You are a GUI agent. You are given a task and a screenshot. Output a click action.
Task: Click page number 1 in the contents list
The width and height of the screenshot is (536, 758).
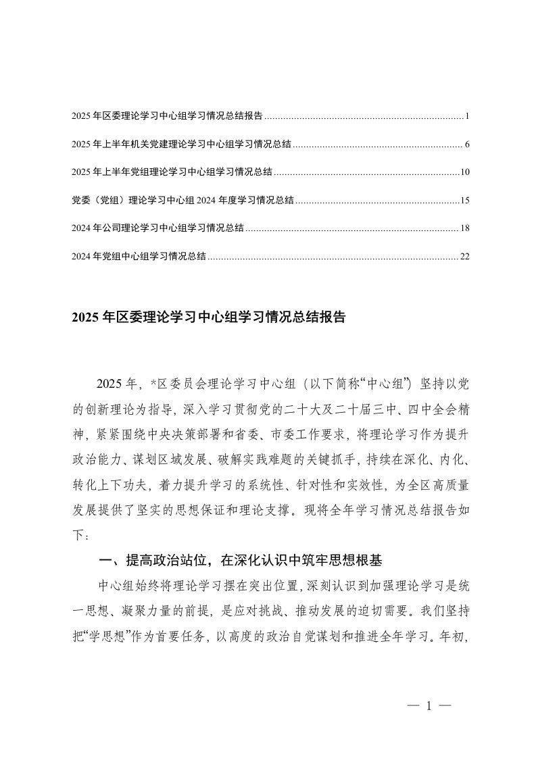[467, 116]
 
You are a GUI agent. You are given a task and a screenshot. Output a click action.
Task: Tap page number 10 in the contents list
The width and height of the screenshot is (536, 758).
[465, 172]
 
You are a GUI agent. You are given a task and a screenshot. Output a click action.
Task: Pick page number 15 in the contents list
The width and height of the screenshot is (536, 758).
[465, 201]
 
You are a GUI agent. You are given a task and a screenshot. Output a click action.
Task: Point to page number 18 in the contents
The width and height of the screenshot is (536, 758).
[465, 228]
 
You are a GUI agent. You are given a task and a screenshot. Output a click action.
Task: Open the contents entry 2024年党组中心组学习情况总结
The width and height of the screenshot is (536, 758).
[139, 256]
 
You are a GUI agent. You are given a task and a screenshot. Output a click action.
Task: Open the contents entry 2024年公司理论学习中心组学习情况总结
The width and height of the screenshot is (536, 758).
[157, 228]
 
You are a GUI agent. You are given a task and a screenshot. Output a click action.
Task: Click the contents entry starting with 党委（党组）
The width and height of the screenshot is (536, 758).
[182, 201]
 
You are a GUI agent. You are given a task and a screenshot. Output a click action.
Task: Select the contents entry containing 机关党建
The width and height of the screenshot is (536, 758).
[181, 145]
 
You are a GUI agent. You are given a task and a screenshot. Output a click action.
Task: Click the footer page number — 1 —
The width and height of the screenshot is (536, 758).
[429, 707]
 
